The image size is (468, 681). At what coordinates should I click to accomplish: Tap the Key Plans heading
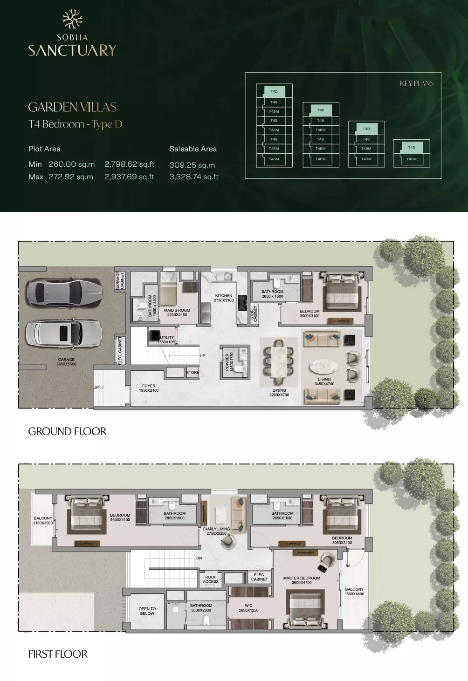416,83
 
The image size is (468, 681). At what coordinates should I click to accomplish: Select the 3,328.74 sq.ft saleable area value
194,177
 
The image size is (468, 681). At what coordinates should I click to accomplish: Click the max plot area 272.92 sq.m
70,177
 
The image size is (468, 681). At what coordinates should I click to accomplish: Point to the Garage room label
66,361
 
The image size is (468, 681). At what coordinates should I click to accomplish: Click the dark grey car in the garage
64,293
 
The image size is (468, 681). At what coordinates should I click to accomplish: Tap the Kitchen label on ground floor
224,298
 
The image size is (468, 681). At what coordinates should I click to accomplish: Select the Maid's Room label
177,312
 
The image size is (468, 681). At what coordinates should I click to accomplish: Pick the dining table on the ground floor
279,361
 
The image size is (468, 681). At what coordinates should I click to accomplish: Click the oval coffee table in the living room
324,367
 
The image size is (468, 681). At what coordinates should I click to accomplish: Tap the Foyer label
149,388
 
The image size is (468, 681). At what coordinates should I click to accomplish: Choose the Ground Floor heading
67,431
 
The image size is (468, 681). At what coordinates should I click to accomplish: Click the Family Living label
216,531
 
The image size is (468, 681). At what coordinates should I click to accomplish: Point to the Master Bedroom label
302,580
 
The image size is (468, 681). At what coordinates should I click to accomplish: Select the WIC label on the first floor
248,607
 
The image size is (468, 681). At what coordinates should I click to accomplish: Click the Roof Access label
211,579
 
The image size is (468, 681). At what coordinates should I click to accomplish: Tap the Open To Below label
147,611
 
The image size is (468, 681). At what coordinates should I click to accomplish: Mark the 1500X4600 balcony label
354,592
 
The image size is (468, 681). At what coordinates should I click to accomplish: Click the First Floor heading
58,654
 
